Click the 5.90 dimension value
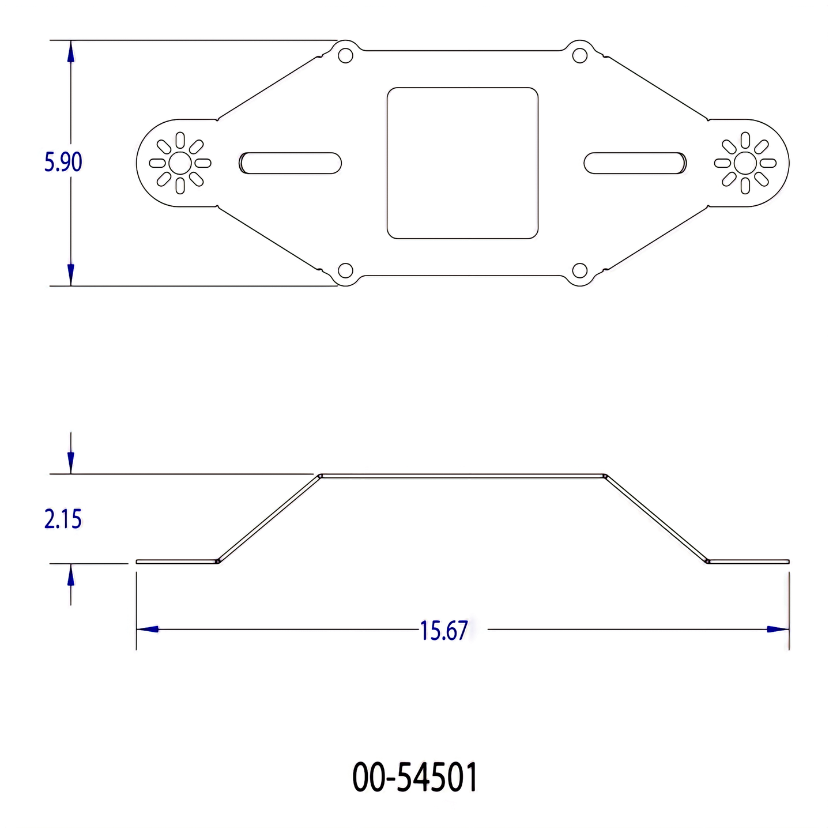point(63,162)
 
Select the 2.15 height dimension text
point(63,519)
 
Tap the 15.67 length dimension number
point(444,631)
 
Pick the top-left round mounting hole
point(345,56)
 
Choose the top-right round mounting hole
point(580,56)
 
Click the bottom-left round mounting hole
point(345,270)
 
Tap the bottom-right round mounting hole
point(580,270)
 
